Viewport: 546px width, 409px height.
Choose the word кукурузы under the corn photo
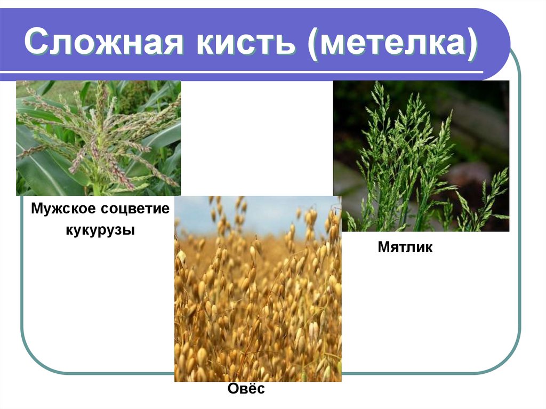pyautogui.click(x=100, y=230)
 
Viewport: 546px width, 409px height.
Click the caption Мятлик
pyautogui.click(x=405, y=247)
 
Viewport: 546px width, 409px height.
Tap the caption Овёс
pyautogui.click(x=246, y=389)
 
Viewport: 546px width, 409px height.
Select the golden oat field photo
pyautogui.click(x=258, y=299)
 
